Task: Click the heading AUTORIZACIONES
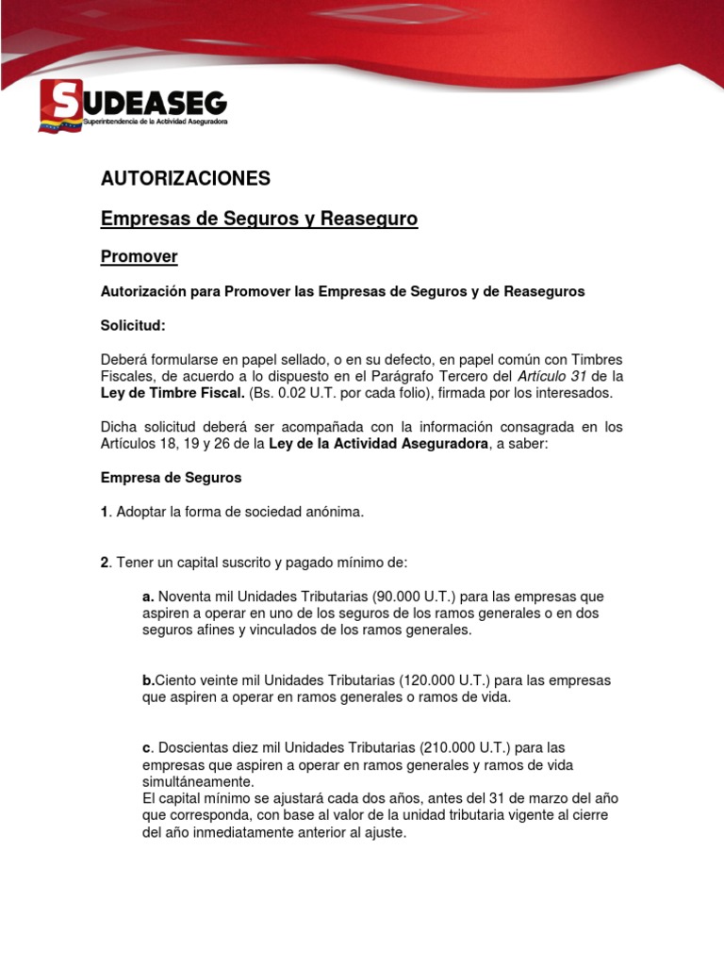186,178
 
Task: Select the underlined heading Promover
139,256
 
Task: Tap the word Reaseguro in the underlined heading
369,219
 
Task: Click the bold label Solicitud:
133,325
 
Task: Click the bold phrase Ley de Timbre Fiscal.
173,392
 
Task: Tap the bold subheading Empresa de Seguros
171,478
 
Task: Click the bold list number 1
105,512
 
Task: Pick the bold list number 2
105,563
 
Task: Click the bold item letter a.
147,597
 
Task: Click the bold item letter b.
147,680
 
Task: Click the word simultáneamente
197,782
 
